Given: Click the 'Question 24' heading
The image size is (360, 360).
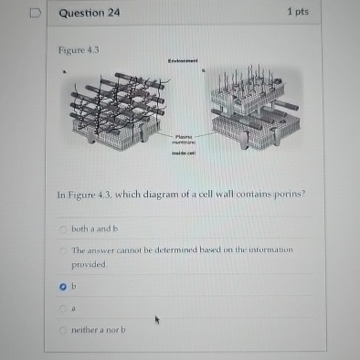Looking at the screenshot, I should [89, 13].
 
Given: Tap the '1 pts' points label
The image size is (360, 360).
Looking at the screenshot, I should [299, 12].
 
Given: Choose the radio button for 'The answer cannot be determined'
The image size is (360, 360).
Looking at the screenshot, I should [63, 249].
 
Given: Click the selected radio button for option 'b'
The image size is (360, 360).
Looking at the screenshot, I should [62, 285].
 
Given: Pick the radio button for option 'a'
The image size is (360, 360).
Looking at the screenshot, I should [63, 308].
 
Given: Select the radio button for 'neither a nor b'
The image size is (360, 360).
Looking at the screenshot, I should [63, 329].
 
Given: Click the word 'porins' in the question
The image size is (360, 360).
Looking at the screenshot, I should [286, 195].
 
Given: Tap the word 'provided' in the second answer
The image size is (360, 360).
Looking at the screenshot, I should [89, 262].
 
